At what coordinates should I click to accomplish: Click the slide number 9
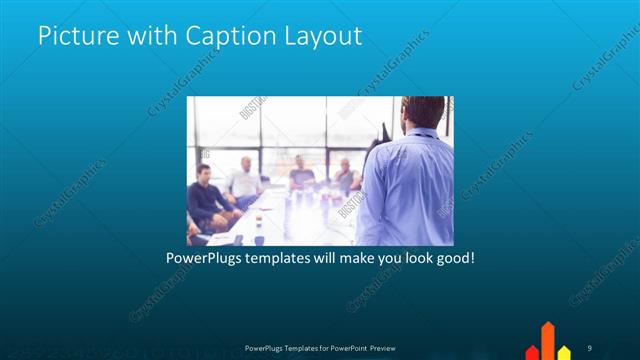[590, 346]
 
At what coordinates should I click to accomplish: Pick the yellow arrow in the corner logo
[564, 351]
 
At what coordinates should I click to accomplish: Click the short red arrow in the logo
[532, 351]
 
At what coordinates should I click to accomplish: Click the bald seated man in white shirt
[243, 180]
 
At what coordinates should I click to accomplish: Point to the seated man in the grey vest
[345, 177]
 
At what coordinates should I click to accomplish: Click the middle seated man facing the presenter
[300, 176]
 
